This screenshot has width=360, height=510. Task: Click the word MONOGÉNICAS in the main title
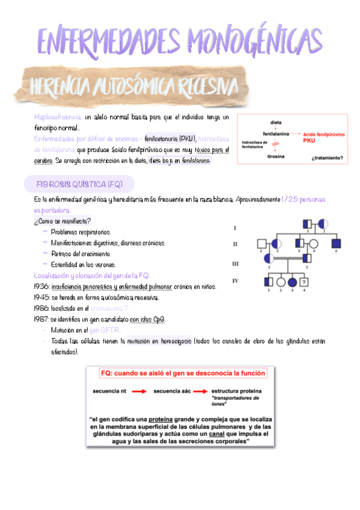tap(255, 40)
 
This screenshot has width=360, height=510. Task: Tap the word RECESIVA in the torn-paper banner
tap(204, 88)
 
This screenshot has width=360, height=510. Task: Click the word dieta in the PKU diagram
tap(276, 121)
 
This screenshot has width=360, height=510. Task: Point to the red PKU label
tap(310, 141)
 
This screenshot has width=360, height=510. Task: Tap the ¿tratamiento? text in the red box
tap(328, 158)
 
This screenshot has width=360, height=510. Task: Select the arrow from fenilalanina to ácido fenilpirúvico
tap(296, 134)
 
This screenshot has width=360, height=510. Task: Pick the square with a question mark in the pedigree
tap(305, 281)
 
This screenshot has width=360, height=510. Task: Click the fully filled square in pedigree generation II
tap(337, 244)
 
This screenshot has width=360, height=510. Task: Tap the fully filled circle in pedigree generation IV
tap(293, 281)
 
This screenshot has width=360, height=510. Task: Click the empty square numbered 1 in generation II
tap(262, 244)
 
